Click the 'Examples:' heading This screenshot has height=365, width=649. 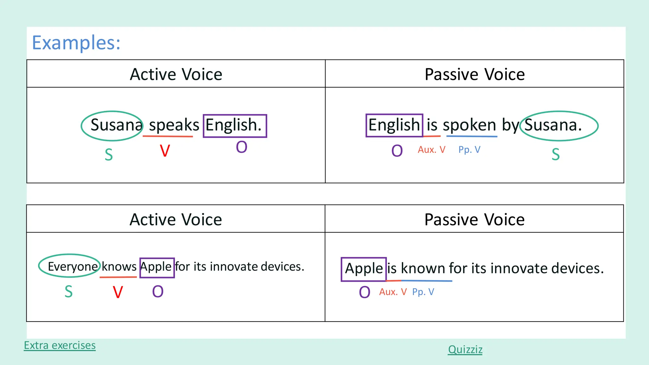[76, 43]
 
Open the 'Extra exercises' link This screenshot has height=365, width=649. [60, 345]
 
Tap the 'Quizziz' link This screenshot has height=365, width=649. [465, 349]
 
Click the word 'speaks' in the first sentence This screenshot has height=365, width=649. [174, 125]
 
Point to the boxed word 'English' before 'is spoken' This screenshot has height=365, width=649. [394, 125]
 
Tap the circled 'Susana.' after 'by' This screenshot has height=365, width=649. [553, 125]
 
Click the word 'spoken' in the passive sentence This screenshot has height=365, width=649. [469, 125]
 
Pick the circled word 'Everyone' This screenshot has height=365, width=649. [72, 266]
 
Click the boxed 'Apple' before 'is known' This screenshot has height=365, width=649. [363, 269]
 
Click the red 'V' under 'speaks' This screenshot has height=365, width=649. [165, 151]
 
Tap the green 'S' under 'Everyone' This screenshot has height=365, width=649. [69, 291]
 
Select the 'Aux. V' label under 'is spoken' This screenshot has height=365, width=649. [431, 150]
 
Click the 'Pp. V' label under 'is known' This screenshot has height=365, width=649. [423, 292]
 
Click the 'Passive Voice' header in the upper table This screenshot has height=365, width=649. [474, 74]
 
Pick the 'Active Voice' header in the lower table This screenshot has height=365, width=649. [176, 219]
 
